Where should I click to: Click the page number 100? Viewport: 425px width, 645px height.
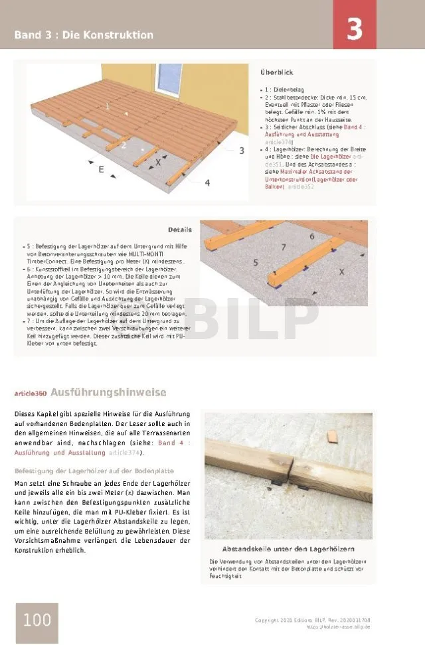pyautogui.click(x=37, y=620)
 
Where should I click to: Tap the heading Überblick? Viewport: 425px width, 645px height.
pyautogui.click(x=277, y=72)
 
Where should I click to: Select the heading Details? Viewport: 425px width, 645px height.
pyautogui.click(x=179, y=230)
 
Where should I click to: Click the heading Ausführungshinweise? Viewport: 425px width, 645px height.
pyautogui.click(x=108, y=393)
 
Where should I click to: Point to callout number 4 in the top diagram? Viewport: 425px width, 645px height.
pyautogui.click(x=207, y=182)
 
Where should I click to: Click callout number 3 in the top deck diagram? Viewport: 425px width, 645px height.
pyautogui.click(x=242, y=151)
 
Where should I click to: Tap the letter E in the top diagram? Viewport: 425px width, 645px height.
pyautogui.click(x=101, y=169)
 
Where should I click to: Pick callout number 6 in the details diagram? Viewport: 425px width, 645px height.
pyautogui.click(x=311, y=236)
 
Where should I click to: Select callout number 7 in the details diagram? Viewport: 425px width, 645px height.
pyautogui.click(x=283, y=247)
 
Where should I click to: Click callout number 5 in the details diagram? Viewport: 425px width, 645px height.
pyautogui.click(x=256, y=263)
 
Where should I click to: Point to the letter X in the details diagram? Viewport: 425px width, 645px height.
pyautogui.click(x=342, y=271)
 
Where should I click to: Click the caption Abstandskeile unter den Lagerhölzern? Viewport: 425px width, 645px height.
pyautogui.click(x=288, y=549)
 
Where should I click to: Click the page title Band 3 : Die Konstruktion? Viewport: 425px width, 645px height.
pyautogui.click(x=84, y=35)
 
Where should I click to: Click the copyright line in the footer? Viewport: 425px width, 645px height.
pyautogui.click(x=312, y=620)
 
